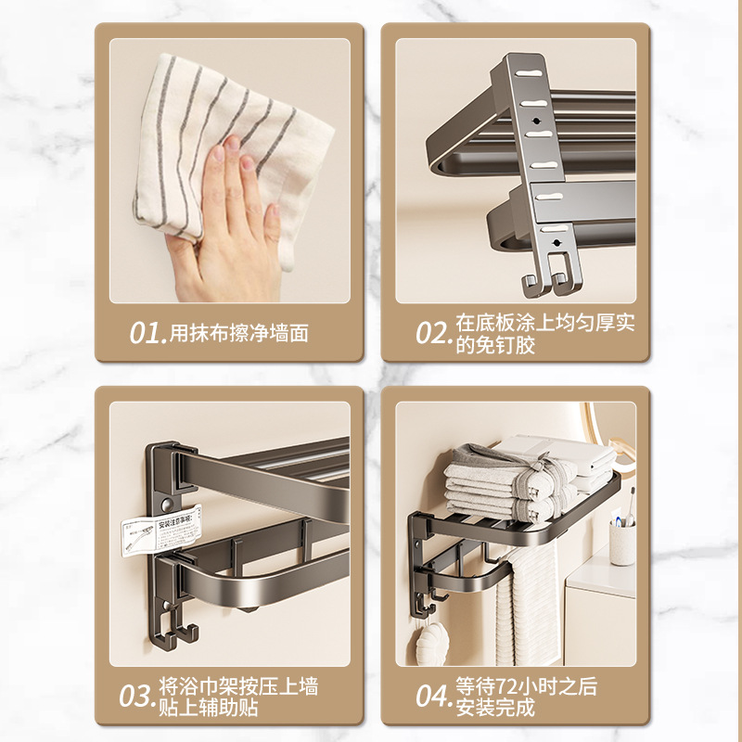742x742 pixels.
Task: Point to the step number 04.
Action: tap(433, 697)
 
